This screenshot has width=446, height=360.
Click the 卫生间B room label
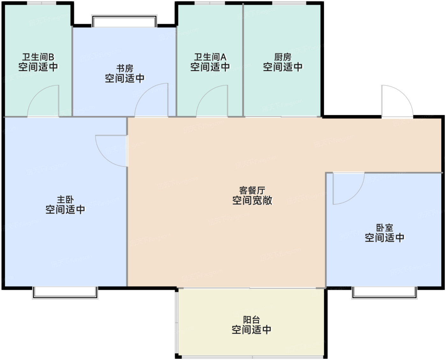click(38, 57)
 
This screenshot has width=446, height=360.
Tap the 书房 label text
click(125, 68)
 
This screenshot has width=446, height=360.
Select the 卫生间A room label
click(210, 57)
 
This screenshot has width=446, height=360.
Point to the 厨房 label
click(283, 57)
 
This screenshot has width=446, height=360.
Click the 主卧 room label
click(65, 199)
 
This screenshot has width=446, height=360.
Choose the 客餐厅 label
click(252, 191)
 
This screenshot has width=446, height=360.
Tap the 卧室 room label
click(385, 228)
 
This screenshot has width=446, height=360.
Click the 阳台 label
click(251, 320)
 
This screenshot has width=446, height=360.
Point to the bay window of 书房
click(124, 21)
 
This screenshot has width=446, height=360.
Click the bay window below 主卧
click(65, 293)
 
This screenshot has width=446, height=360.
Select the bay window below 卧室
click(385, 293)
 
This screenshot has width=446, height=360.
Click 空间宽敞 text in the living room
click(252, 200)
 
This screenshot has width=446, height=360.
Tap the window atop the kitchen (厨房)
click(289, 3)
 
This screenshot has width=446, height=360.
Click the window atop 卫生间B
click(42, 3)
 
